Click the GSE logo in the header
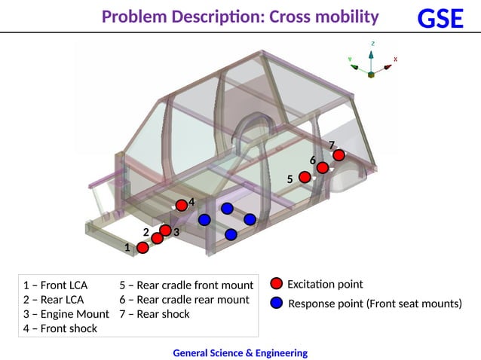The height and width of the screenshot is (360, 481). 440,18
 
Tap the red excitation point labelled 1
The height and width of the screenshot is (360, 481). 142,248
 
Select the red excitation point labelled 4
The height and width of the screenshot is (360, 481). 181,205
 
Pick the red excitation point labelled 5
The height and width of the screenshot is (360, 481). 305,177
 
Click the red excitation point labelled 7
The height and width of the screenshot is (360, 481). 339,155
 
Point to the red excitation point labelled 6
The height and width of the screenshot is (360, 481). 322,168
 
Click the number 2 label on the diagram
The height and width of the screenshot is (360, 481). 146,232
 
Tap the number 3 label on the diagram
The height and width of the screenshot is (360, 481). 176,233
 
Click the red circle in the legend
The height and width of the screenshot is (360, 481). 276,284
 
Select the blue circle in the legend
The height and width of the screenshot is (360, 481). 276,303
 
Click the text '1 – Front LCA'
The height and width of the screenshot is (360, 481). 55,285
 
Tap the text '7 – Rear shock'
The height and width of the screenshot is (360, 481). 155,314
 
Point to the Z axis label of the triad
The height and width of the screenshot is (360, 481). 372,44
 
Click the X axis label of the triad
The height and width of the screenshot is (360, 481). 395,59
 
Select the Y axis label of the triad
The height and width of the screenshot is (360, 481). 349,58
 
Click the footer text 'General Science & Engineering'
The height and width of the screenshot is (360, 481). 240,352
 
